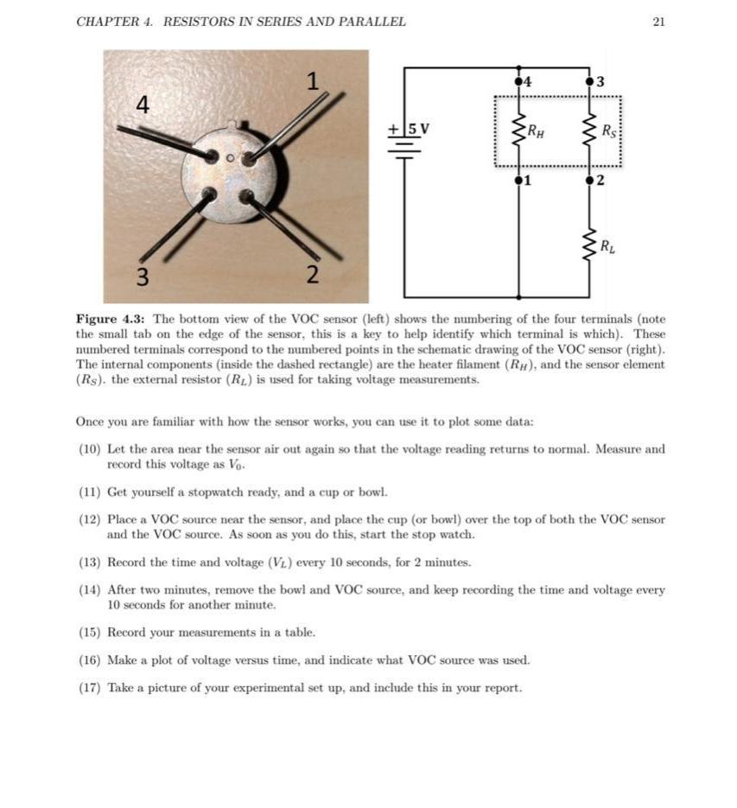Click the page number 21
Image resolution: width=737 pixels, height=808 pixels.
(x=658, y=22)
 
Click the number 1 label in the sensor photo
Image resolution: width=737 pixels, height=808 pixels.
(x=313, y=82)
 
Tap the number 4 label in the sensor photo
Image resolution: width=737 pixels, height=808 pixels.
(x=143, y=105)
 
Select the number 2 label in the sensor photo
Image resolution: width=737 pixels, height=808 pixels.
(x=313, y=276)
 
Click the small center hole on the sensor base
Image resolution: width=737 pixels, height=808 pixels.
(x=231, y=159)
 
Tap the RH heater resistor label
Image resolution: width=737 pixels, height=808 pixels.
(x=536, y=132)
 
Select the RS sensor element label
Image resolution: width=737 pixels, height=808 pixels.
(x=609, y=132)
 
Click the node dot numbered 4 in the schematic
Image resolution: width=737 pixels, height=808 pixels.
(x=518, y=81)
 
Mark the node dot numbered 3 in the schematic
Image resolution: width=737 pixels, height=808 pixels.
(x=590, y=81)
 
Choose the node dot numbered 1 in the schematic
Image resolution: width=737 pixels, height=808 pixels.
(x=518, y=181)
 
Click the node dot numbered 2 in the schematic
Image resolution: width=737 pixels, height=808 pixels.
(x=590, y=181)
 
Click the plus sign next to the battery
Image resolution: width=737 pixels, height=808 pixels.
(x=393, y=130)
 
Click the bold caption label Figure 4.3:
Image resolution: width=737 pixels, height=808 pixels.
(x=111, y=319)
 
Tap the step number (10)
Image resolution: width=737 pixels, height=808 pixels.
(x=89, y=449)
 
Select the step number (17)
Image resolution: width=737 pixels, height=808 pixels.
(x=89, y=688)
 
